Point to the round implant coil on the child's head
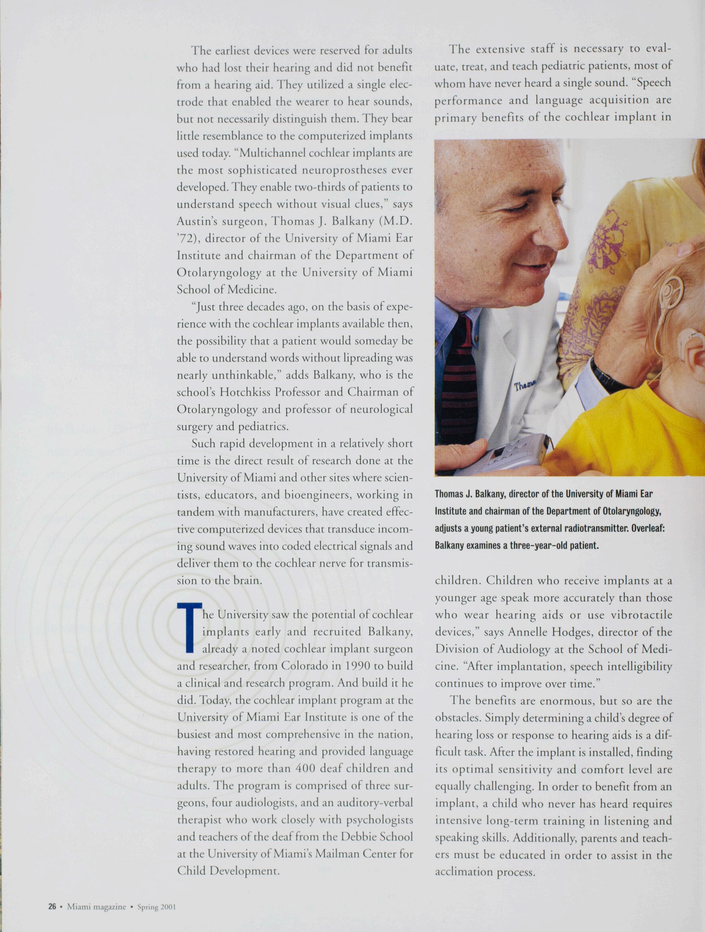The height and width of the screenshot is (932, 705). tap(672, 291)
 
